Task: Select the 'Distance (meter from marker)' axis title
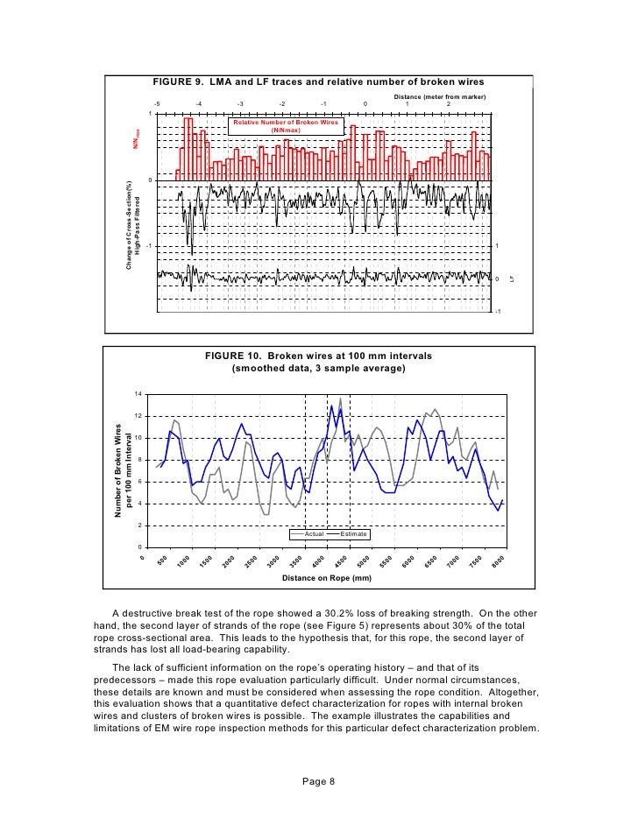click(x=439, y=95)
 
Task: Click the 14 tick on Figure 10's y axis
click(x=138, y=394)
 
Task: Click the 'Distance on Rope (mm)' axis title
click(x=327, y=579)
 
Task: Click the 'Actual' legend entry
click(x=314, y=533)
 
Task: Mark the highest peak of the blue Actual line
click(x=331, y=405)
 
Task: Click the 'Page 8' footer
click(x=318, y=782)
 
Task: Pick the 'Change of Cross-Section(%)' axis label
click(x=129, y=223)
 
